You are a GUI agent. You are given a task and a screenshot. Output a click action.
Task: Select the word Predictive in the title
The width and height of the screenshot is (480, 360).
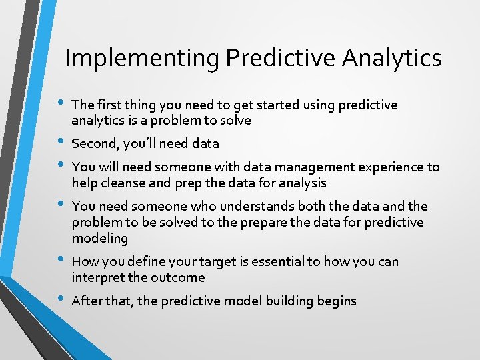point(281,59)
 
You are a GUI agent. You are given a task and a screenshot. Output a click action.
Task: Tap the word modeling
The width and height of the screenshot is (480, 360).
point(101,238)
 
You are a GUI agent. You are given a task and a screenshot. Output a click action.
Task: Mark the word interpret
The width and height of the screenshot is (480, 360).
point(99,277)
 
